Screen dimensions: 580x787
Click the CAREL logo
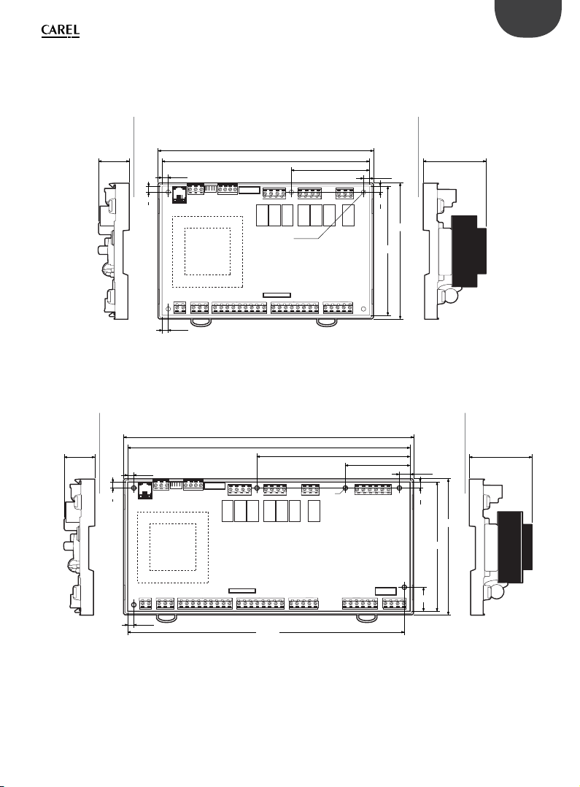click(x=61, y=31)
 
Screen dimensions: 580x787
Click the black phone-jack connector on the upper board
click(x=179, y=195)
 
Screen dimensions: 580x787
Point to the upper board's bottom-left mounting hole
click(x=168, y=309)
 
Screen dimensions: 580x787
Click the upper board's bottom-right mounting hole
click(x=363, y=309)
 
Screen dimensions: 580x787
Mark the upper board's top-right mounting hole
click(x=363, y=192)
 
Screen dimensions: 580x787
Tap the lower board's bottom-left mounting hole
click(x=134, y=604)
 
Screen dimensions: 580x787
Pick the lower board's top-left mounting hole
click(x=134, y=488)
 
